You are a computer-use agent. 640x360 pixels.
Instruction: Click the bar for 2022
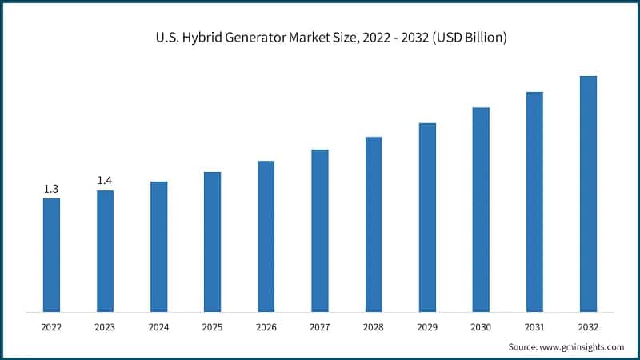(51, 255)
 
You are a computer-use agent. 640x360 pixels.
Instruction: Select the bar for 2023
(105, 251)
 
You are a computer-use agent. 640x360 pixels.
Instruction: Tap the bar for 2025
(212, 242)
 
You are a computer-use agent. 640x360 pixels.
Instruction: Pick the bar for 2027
(320, 230)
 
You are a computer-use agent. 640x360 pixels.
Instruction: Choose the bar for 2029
(427, 218)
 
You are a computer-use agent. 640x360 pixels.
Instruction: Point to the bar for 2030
(481, 210)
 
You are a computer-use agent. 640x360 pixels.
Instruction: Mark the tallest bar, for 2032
(588, 194)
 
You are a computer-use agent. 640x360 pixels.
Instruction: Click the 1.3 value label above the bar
(51, 189)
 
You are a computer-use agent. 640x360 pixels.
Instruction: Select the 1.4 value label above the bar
(105, 181)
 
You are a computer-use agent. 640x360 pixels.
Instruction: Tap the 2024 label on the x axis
(158, 327)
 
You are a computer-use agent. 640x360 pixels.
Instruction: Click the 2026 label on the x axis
(266, 327)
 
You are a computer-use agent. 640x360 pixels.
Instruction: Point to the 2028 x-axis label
(374, 327)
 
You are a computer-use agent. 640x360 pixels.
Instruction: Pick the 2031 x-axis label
(534, 327)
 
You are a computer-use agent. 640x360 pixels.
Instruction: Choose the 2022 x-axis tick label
(51, 327)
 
